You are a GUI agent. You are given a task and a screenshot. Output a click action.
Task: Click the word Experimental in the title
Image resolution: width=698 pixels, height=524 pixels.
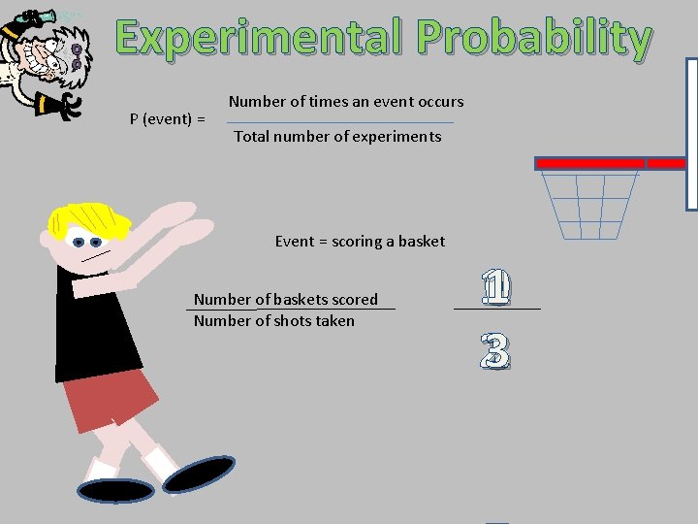262,39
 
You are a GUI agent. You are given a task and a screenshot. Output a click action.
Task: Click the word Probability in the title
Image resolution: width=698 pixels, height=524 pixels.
534,40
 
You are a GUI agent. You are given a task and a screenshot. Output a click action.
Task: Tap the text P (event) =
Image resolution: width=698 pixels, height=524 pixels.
167,119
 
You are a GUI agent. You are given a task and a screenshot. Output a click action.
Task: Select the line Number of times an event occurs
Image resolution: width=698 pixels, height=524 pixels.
346,101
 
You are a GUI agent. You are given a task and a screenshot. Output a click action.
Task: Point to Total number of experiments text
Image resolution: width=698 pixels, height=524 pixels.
337,137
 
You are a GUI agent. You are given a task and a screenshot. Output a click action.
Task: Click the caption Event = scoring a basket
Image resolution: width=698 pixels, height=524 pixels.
360,241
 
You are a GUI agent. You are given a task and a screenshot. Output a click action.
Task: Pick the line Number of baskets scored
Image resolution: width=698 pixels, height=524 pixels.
286,299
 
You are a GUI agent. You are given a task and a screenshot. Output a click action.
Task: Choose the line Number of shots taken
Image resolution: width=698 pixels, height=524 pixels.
274,320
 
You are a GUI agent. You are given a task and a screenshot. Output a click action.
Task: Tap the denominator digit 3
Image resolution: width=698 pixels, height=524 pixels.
494,352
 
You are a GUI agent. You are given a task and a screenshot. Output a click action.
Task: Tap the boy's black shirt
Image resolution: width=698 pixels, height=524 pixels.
97,330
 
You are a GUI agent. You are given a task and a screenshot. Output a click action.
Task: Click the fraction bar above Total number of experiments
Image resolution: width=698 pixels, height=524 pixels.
339,122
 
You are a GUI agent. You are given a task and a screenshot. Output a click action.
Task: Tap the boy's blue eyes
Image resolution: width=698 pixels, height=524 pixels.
87,242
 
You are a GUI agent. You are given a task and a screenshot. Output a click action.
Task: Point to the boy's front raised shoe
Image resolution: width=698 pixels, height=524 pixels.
200,473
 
